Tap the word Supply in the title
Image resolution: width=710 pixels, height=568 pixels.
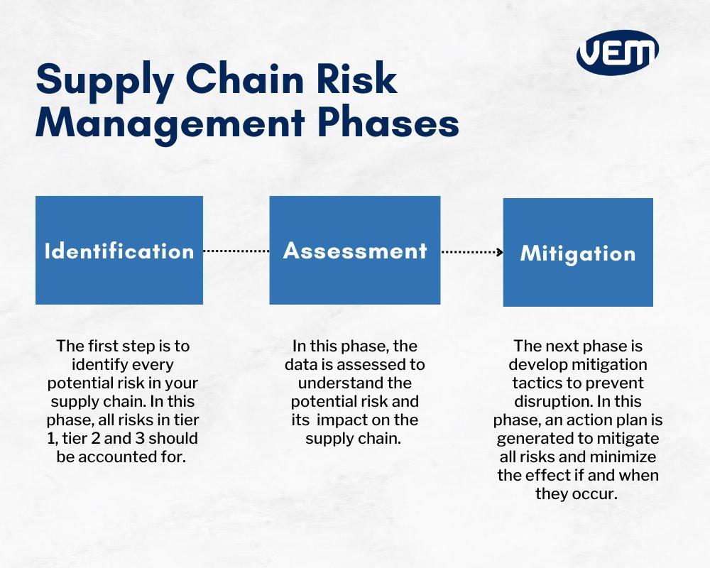pos(97,82)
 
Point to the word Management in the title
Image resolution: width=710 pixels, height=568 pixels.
pos(166,123)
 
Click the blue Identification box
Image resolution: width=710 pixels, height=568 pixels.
pos(119,251)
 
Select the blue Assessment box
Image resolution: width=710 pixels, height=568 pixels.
pos(355,251)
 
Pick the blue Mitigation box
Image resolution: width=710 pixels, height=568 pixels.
pos(578,253)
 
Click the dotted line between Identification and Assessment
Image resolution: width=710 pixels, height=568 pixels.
pos(236,251)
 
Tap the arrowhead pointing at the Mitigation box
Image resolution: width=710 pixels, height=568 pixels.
pos(501,252)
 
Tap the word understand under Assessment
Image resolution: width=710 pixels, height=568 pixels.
pos(322,383)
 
